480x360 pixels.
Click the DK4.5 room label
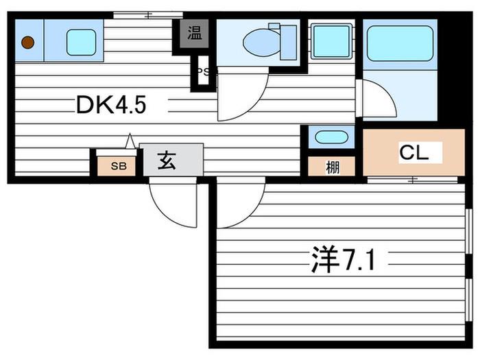111,105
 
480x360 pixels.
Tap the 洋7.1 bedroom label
343,260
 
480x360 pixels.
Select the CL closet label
413,152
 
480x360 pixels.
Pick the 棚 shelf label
332,167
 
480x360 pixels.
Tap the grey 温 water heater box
194,34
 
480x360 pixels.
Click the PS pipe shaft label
203,72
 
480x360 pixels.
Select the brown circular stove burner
28,43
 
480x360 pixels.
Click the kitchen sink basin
81,43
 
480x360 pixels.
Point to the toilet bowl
261,43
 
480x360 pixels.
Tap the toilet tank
289,43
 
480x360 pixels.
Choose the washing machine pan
331,41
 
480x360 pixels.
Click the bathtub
400,44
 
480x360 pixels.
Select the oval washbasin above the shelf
331,137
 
